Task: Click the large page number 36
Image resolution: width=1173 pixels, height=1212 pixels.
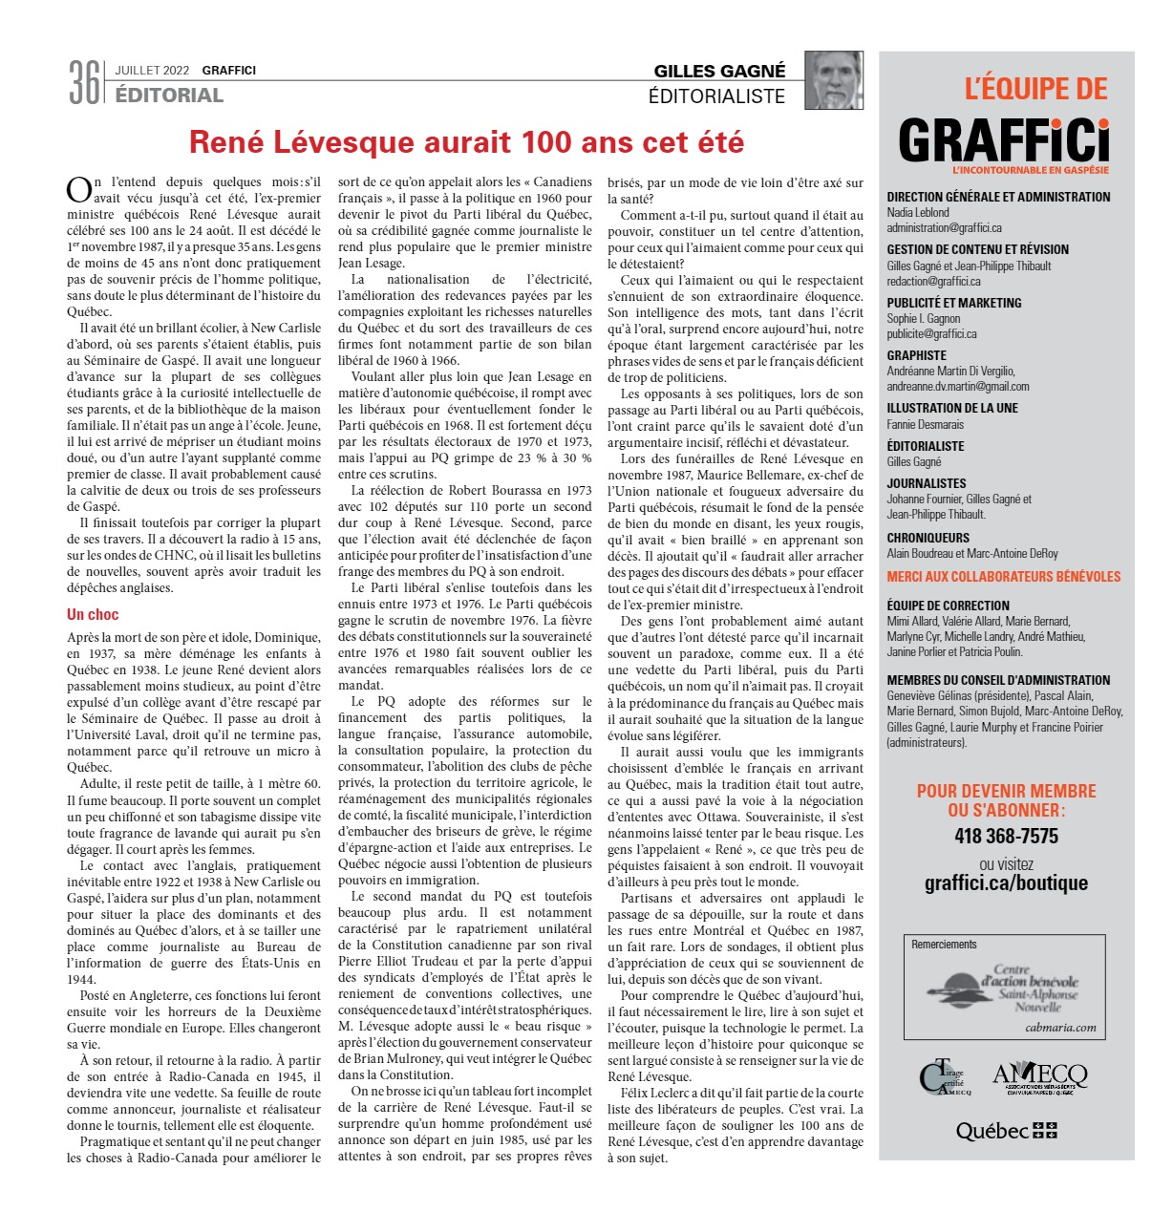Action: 84,82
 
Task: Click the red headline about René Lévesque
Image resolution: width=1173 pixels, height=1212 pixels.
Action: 466,142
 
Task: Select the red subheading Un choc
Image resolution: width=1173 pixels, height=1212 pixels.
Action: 93,614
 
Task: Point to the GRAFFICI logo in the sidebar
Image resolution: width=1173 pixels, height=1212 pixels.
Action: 1004,141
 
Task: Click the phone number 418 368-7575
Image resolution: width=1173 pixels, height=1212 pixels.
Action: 1006,837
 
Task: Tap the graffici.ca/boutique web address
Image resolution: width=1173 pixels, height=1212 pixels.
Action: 1006,882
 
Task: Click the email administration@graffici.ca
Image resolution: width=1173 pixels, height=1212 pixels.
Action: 944,228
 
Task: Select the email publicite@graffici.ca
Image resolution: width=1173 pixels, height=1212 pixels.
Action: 931,334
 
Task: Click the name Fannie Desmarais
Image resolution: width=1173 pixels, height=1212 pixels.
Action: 925,424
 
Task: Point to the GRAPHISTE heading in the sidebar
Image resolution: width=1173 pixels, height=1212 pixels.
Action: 916,355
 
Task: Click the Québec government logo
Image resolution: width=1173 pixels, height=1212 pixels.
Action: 1006,1131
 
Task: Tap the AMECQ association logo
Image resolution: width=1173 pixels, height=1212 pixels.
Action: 1040,1078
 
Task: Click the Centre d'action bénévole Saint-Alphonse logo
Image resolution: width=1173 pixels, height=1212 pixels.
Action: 1005,989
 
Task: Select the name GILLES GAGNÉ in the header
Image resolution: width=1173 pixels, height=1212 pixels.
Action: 719,72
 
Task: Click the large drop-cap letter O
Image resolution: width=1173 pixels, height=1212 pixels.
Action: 78,189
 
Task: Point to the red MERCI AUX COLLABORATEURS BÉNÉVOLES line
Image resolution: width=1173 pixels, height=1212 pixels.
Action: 1003,577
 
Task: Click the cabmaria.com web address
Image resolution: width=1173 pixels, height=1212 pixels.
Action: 1060,1028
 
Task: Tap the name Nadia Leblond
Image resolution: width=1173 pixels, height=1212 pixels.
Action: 918,213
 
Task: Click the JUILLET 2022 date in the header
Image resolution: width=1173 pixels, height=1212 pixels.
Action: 152,71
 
